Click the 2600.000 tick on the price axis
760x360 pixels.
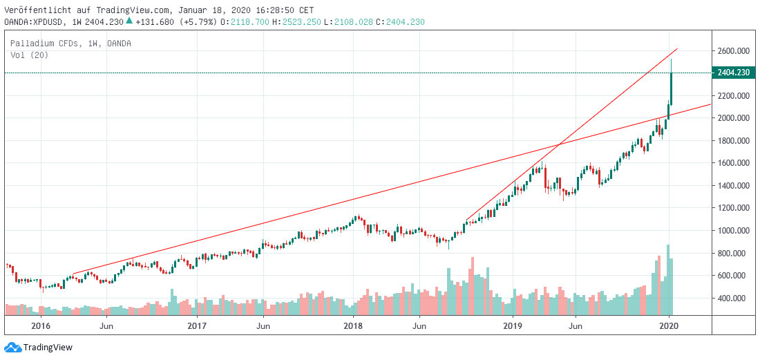click(x=732, y=51)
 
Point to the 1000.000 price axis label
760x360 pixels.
click(x=732, y=230)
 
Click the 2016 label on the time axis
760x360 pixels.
click(x=41, y=325)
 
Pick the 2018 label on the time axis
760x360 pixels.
click(x=353, y=325)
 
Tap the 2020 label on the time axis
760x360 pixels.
click(x=669, y=325)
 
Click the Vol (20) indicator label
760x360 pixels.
click(x=29, y=55)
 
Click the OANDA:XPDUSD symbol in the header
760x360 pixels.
click(x=30, y=22)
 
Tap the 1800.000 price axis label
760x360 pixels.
click(x=732, y=140)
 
